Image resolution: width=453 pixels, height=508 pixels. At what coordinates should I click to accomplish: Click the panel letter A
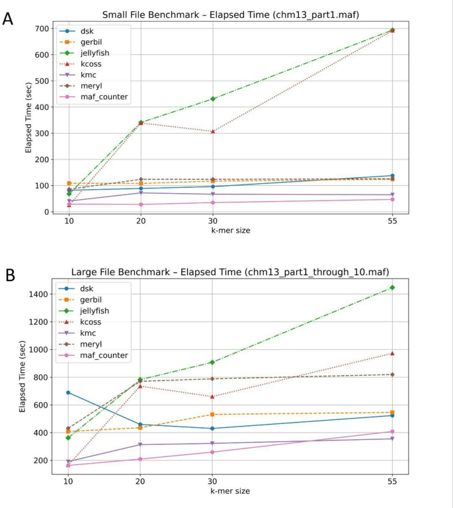pyautogui.click(x=9, y=18)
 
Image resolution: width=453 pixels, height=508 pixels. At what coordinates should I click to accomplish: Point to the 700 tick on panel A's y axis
pyautogui.click(x=45, y=28)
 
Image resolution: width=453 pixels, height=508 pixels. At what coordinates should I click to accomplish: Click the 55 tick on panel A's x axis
pyautogui.click(x=392, y=222)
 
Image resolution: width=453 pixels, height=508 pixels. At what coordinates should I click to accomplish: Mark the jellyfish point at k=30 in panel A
pyautogui.click(x=212, y=99)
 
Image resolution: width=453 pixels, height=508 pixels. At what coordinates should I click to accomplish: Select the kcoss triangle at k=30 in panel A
pyautogui.click(x=212, y=131)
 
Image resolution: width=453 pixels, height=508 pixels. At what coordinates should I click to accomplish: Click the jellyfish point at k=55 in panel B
pyautogui.click(x=392, y=287)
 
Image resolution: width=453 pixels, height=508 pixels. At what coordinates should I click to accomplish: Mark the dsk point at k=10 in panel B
pyautogui.click(x=69, y=392)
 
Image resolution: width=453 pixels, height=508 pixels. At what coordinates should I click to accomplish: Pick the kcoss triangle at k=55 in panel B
pyautogui.click(x=392, y=353)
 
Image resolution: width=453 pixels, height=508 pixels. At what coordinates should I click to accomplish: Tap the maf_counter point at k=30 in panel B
pyautogui.click(x=212, y=452)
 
